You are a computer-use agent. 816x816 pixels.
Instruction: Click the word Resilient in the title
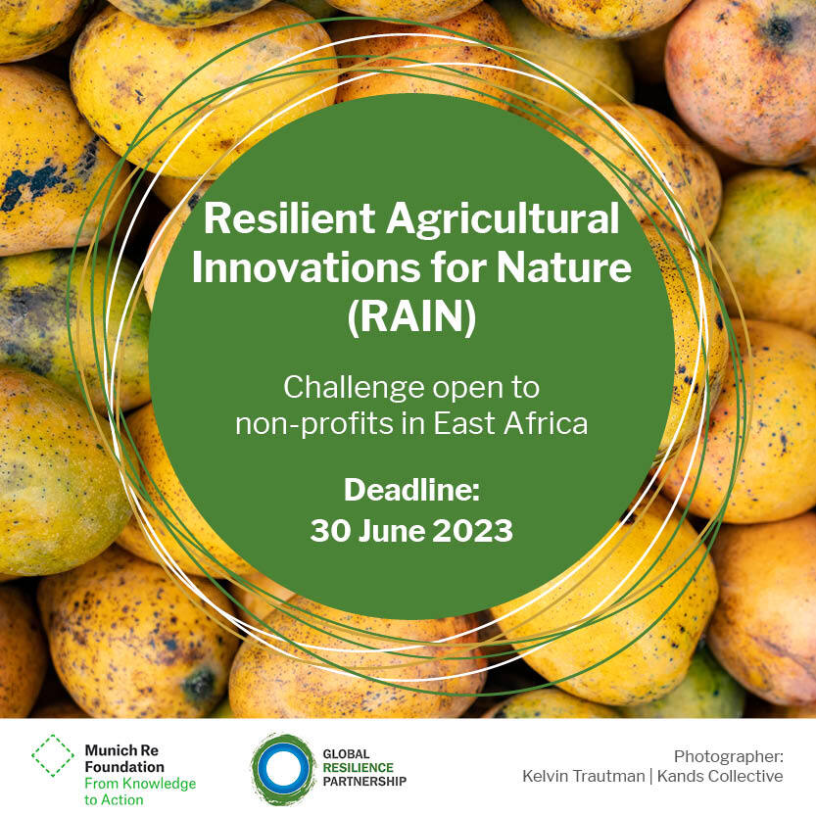289,218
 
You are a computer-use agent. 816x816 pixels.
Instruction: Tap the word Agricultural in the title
503,220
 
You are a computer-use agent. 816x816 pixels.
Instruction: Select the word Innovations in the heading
306,267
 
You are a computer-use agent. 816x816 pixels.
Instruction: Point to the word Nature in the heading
563,267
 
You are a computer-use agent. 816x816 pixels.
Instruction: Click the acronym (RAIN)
411,317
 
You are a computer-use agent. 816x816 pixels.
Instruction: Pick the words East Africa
510,423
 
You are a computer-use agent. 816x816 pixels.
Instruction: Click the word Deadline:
411,490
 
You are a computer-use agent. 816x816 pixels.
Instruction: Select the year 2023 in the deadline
473,531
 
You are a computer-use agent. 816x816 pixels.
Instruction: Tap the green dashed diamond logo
53,755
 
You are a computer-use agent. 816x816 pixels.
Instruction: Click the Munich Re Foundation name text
124,759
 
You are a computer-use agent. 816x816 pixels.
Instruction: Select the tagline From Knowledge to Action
140,792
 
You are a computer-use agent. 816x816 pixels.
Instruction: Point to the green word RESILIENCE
359,768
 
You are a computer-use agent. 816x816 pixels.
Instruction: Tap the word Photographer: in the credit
729,757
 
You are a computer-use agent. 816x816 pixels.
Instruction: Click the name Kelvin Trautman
584,777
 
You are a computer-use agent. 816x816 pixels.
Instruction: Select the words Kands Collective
720,777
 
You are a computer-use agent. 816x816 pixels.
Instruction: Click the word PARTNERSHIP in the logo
364,781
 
